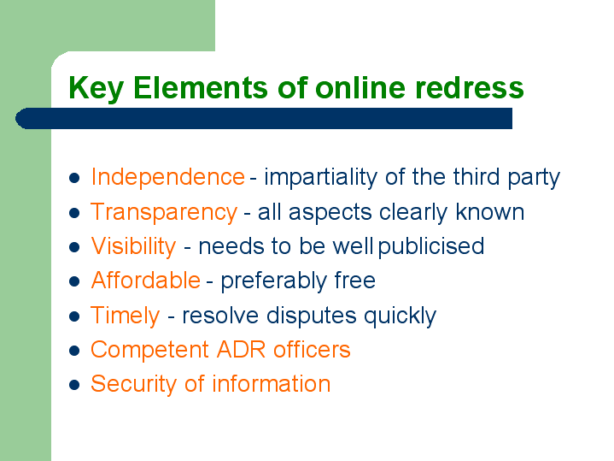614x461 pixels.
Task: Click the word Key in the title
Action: (x=96, y=88)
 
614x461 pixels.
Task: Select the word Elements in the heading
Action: (x=201, y=87)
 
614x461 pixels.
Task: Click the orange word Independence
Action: (x=167, y=176)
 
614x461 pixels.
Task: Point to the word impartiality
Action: (x=321, y=177)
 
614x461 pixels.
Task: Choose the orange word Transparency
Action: (x=164, y=212)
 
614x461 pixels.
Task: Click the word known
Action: (x=490, y=212)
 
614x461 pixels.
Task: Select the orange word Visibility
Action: (x=133, y=247)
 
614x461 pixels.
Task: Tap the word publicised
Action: (x=431, y=246)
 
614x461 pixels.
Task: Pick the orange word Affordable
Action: (x=146, y=281)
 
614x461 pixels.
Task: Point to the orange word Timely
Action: (x=126, y=316)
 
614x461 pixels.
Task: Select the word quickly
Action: (x=400, y=316)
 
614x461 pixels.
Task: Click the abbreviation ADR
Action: (x=241, y=349)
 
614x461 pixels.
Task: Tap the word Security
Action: (x=133, y=385)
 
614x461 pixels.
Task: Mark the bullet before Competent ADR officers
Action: (x=74, y=351)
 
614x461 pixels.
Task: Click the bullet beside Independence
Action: (x=74, y=178)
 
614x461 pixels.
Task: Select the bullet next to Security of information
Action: (x=74, y=385)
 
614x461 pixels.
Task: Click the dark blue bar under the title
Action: (x=264, y=119)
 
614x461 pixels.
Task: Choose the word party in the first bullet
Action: (x=534, y=178)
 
